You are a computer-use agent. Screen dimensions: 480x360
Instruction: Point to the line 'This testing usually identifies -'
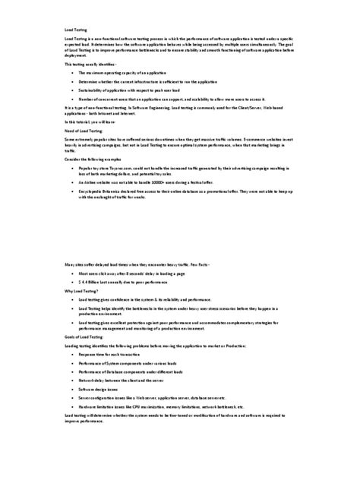pyautogui.click(x=95, y=65)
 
